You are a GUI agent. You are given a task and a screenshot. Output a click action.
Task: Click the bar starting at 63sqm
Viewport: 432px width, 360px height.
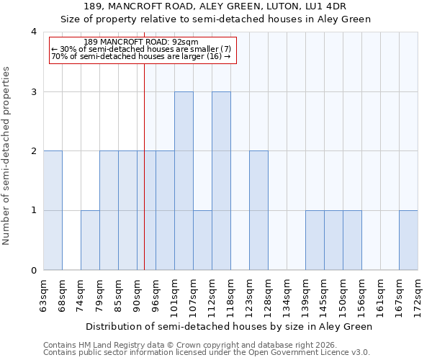click(53, 210)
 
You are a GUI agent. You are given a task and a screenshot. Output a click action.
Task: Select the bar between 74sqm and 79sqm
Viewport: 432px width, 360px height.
click(90, 240)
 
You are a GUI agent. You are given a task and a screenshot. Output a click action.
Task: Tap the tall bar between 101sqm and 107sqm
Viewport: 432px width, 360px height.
click(184, 181)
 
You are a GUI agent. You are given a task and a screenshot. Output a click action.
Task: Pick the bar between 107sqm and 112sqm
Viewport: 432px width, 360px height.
click(202, 240)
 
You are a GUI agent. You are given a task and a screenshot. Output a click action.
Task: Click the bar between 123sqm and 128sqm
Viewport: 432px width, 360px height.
click(258, 210)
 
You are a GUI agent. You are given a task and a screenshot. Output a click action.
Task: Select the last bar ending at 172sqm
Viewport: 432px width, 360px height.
click(408, 240)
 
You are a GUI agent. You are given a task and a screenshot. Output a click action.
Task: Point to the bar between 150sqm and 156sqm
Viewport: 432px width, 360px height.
click(352, 240)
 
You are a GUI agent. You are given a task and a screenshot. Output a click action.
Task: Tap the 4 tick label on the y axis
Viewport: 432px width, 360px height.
click(33, 32)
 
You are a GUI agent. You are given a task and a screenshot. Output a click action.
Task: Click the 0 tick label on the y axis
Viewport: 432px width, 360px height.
click(33, 271)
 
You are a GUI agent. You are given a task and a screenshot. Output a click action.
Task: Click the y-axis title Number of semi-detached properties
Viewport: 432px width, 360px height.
click(6, 156)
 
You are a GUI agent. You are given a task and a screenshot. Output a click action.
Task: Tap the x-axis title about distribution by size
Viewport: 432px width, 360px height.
click(230, 326)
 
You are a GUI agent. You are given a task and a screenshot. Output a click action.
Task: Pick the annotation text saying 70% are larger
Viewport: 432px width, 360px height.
click(141, 56)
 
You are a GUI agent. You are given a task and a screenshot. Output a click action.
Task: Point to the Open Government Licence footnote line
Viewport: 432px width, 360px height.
click(207, 353)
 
